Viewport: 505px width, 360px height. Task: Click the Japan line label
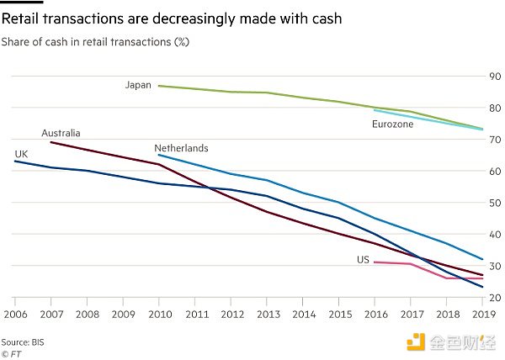[x=138, y=85]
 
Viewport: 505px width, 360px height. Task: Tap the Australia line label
[x=61, y=133]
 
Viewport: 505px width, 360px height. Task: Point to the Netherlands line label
[x=181, y=148]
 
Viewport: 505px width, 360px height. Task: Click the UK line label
[x=21, y=153]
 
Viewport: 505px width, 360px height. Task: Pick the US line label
[x=363, y=261]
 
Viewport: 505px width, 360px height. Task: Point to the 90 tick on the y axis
[x=494, y=77]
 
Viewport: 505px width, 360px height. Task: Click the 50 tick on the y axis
[x=494, y=203]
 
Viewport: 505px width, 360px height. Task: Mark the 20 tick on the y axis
[x=494, y=298]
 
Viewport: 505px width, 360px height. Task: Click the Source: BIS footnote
[x=23, y=342]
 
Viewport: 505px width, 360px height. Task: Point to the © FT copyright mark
[x=13, y=354]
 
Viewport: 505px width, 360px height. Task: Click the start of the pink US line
[x=374, y=262]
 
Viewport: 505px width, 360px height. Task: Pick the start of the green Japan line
[x=158, y=86]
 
